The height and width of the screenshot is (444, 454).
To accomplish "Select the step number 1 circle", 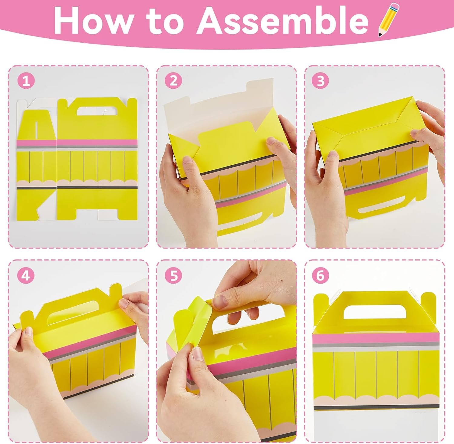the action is click(x=26, y=81).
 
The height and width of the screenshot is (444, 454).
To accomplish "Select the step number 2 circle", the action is click(x=173, y=81).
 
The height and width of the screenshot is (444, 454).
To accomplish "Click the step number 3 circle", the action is click(x=321, y=81).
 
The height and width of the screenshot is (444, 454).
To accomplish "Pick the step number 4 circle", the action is click(x=26, y=276).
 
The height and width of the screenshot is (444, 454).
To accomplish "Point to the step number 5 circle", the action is click(x=173, y=276).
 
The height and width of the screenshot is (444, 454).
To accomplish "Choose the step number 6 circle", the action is click(x=321, y=276).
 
